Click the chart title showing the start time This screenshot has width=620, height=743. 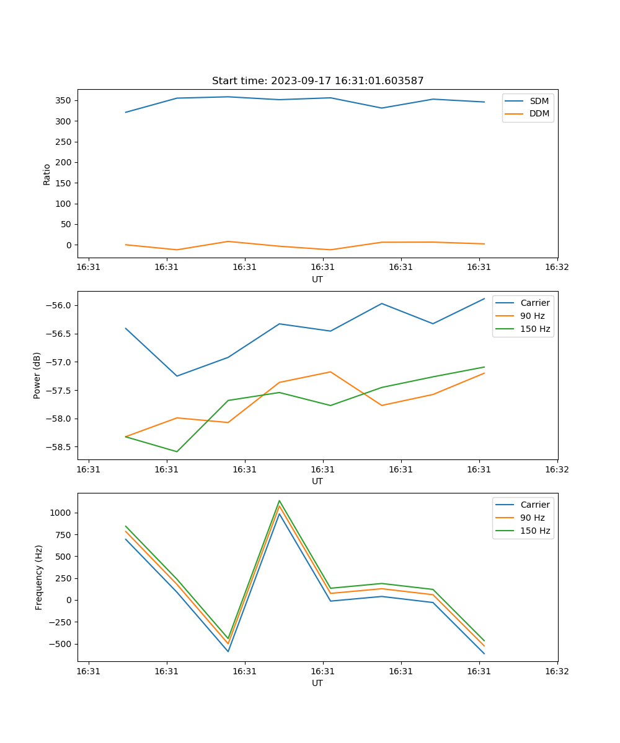click(x=317, y=81)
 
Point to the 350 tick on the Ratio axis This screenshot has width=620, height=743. click(x=64, y=100)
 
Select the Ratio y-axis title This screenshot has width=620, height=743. click(x=47, y=175)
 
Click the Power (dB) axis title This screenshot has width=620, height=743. click(x=37, y=375)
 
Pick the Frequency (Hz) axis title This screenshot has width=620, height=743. click(x=39, y=577)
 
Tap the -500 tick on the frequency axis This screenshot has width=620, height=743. click(x=62, y=644)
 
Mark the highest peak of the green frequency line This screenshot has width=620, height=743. click(x=279, y=501)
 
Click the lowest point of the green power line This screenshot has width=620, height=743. click(x=177, y=451)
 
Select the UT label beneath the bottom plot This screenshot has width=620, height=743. click(x=317, y=683)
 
